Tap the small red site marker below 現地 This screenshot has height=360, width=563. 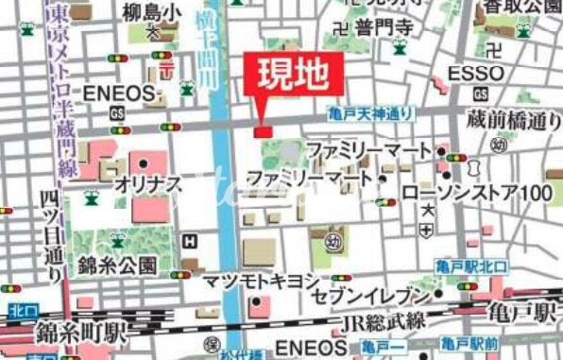click(263, 130)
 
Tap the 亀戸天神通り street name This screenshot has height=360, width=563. click(371, 113)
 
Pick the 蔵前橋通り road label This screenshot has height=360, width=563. click(514, 120)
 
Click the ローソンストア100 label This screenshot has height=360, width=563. click(476, 193)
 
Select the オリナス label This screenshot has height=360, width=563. click(147, 185)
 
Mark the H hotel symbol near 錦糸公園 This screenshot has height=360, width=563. click(192, 241)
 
